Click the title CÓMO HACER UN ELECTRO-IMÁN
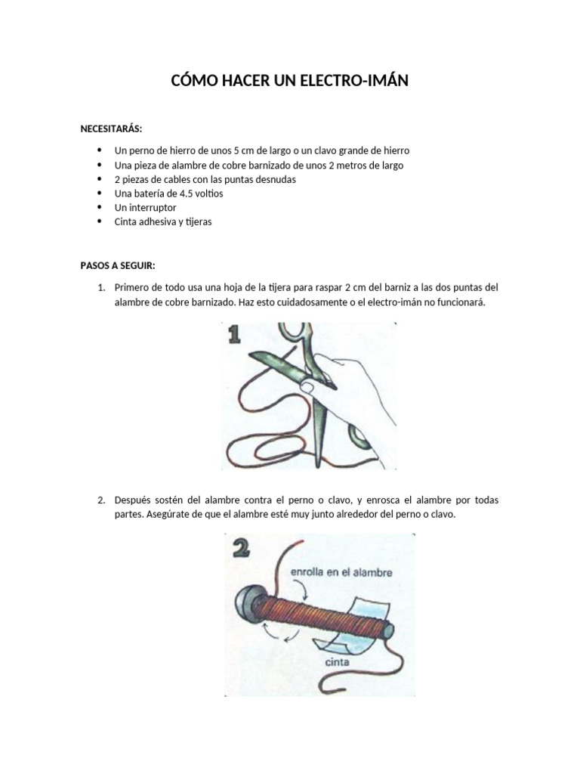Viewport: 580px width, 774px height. [290, 80]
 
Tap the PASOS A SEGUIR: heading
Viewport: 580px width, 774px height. [117, 265]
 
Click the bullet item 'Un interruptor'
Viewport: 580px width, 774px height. [145, 208]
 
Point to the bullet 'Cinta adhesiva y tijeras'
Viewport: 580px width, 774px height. [162, 222]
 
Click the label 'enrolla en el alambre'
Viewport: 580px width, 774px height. [341, 573]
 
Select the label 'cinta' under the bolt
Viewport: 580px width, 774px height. [339, 662]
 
